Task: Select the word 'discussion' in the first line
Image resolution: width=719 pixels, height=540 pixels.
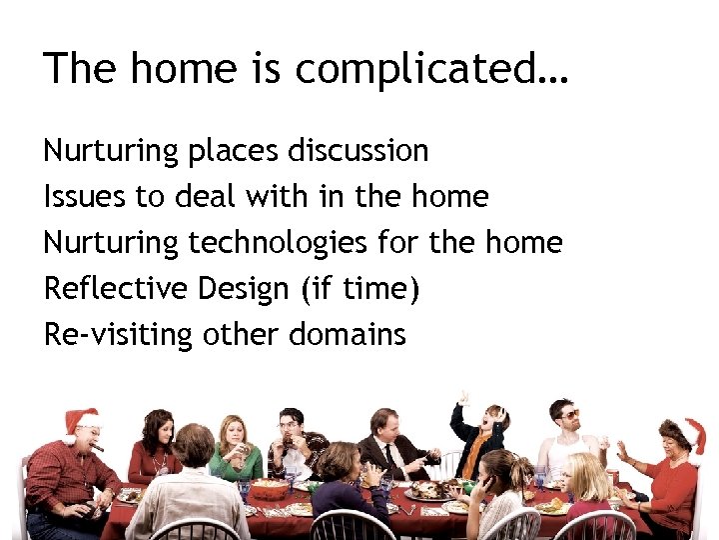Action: [x=359, y=151]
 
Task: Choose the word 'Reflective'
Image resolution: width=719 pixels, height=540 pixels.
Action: [x=115, y=289]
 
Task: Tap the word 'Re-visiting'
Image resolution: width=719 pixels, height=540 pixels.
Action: [x=118, y=335]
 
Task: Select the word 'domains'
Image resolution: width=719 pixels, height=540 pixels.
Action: [x=348, y=335]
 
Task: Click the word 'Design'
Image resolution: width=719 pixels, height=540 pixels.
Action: [x=245, y=289]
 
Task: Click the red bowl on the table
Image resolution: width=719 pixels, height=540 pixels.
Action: [x=268, y=488]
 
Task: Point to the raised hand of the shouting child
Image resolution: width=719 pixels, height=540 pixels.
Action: [x=461, y=397]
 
